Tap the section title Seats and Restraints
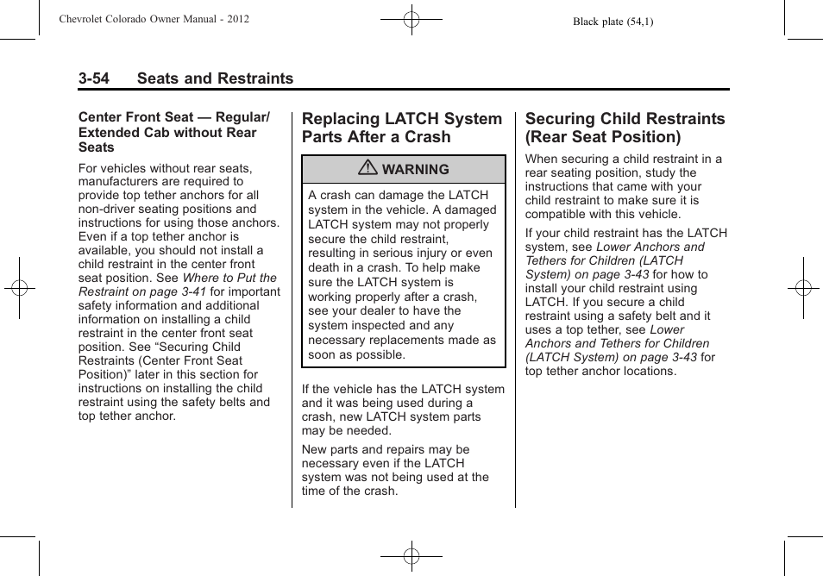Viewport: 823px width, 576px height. click(x=214, y=78)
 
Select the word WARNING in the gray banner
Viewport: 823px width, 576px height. click(x=415, y=170)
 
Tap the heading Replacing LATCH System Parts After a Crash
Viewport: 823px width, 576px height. click(x=401, y=128)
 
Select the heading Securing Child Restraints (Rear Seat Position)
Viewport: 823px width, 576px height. click(x=625, y=128)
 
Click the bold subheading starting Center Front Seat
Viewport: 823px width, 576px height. click(x=173, y=132)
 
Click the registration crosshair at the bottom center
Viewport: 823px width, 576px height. click(x=411, y=556)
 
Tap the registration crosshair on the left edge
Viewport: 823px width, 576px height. click(x=19, y=288)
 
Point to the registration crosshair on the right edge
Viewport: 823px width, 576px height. click(x=803, y=288)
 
